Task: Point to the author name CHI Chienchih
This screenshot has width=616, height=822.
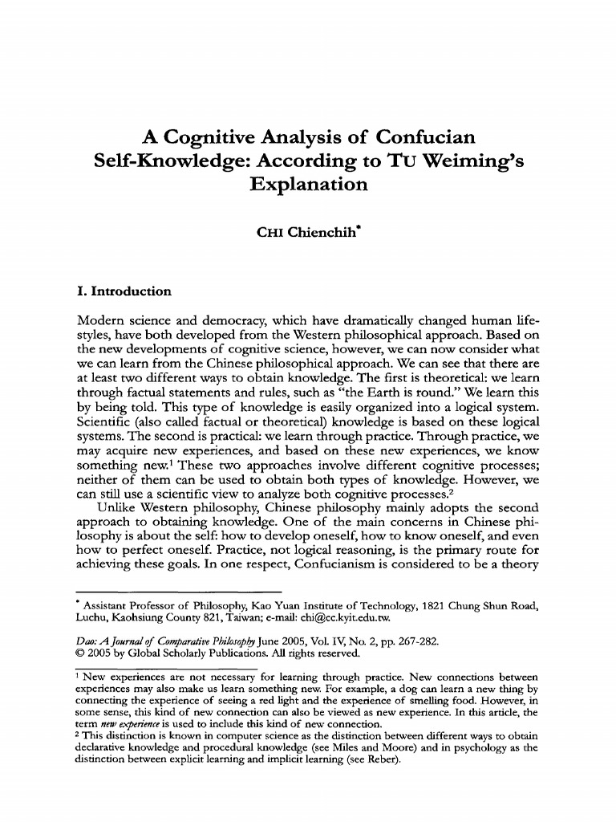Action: click(307, 234)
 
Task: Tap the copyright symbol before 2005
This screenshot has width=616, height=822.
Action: click(78, 653)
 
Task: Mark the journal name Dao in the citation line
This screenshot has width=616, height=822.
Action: click(83, 641)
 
